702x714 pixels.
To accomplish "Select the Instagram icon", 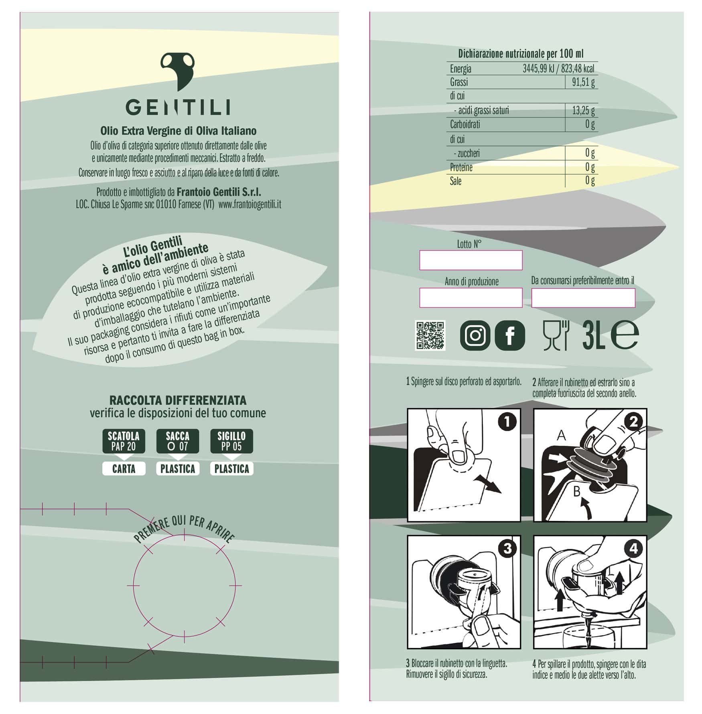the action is (475, 335).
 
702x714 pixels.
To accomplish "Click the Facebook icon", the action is (510, 335).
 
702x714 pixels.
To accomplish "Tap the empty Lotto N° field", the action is (471, 260).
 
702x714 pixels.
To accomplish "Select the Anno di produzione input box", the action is (471, 298).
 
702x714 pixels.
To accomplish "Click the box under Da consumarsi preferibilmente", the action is (583, 298).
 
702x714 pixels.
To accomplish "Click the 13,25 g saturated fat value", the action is (583, 110).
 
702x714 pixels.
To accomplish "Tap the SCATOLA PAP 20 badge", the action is (124, 441).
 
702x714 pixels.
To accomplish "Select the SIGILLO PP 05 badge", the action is (231, 441).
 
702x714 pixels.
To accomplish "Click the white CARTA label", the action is (124, 469).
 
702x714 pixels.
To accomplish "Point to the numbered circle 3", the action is (507, 548).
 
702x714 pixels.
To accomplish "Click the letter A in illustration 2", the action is (561, 435).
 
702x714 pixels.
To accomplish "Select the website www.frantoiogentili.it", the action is (250, 204).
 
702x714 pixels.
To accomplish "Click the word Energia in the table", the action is (461, 69).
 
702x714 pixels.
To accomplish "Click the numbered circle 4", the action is (633, 548).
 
